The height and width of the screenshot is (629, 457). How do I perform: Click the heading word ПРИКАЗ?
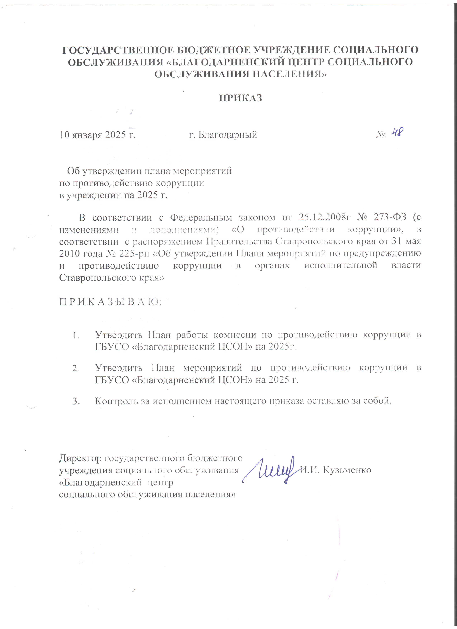[x=241, y=98]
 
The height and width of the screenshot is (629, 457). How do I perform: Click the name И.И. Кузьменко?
[x=336, y=470]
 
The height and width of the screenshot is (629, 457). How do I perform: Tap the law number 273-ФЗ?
[x=390, y=217]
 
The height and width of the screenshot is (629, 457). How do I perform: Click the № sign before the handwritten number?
[x=381, y=135]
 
